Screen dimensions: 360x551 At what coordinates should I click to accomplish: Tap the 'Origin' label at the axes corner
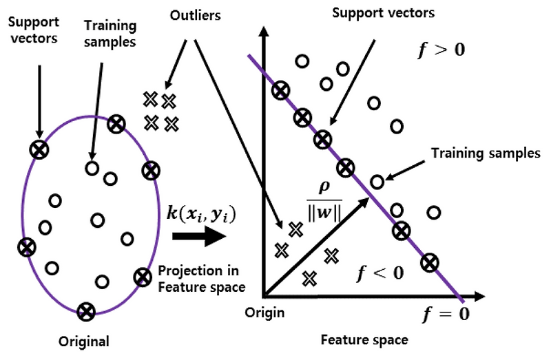[264, 313]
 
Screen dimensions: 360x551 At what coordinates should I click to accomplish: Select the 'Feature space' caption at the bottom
[364, 340]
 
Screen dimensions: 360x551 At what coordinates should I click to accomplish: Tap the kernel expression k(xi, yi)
[201, 213]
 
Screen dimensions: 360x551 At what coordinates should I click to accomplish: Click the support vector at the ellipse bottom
[85, 312]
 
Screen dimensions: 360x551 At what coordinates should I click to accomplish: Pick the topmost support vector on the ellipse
[116, 124]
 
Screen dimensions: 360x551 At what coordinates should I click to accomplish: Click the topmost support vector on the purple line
[280, 90]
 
